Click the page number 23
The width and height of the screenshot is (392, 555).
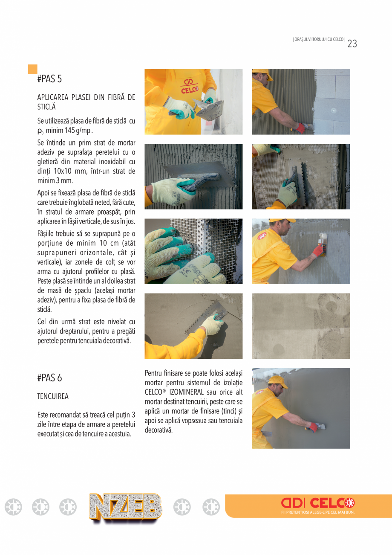[x=352, y=44]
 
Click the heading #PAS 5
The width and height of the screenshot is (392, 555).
[x=49, y=79]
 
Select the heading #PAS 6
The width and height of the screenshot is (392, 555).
[x=49, y=378]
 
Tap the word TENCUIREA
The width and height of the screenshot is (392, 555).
[x=53, y=396]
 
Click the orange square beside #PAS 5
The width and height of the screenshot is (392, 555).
[x=32, y=69]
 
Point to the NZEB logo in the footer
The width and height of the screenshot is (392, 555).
[x=125, y=508]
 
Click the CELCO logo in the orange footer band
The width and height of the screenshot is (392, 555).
[x=317, y=503]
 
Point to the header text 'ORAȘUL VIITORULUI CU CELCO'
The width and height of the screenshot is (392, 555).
[x=319, y=40]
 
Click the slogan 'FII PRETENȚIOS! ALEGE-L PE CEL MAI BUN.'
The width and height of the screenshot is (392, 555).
[x=317, y=512]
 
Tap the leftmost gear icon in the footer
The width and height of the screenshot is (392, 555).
[x=13, y=507]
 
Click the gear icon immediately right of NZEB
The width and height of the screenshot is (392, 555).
[x=182, y=507]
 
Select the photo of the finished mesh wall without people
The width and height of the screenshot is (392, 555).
[x=301, y=326]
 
